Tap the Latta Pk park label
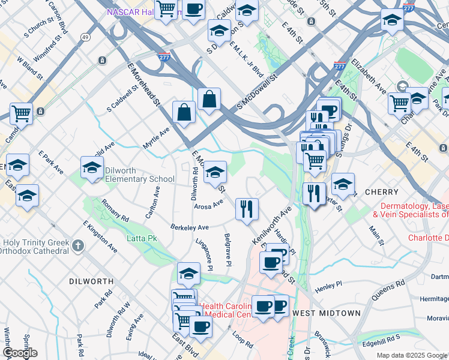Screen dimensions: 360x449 [x=142, y=238]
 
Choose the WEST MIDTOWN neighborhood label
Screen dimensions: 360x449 [x=327, y=313]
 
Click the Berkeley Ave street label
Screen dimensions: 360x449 [x=189, y=227]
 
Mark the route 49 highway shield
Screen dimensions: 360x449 [x=86, y=38]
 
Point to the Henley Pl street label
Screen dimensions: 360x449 [x=329, y=284]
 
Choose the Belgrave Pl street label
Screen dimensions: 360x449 [x=228, y=250]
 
